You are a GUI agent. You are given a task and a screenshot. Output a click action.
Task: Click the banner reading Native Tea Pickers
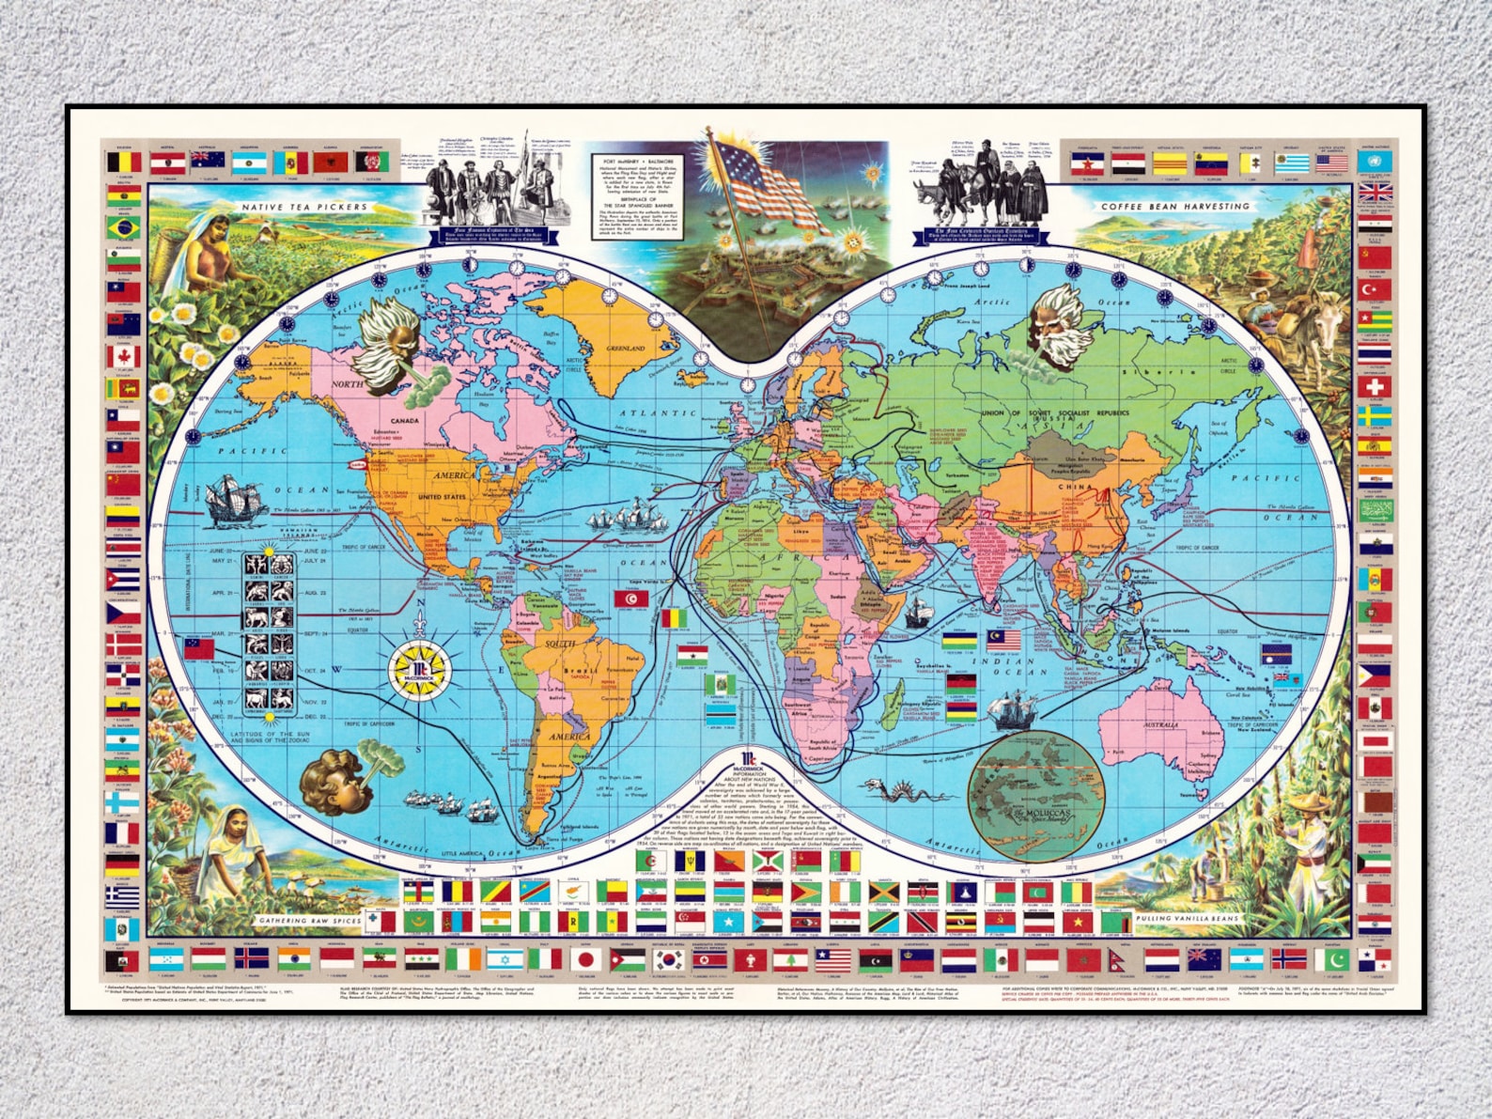(305, 207)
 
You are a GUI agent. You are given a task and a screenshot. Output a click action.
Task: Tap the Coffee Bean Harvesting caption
(1175, 206)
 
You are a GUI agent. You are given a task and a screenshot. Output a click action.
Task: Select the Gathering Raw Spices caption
(310, 921)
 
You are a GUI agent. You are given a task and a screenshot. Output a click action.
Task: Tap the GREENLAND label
(625, 349)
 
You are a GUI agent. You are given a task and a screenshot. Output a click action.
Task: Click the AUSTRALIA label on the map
(1160, 725)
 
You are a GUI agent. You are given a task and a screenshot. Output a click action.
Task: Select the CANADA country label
(404, 420)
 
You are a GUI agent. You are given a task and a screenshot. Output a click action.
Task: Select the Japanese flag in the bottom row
(585, 959)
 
